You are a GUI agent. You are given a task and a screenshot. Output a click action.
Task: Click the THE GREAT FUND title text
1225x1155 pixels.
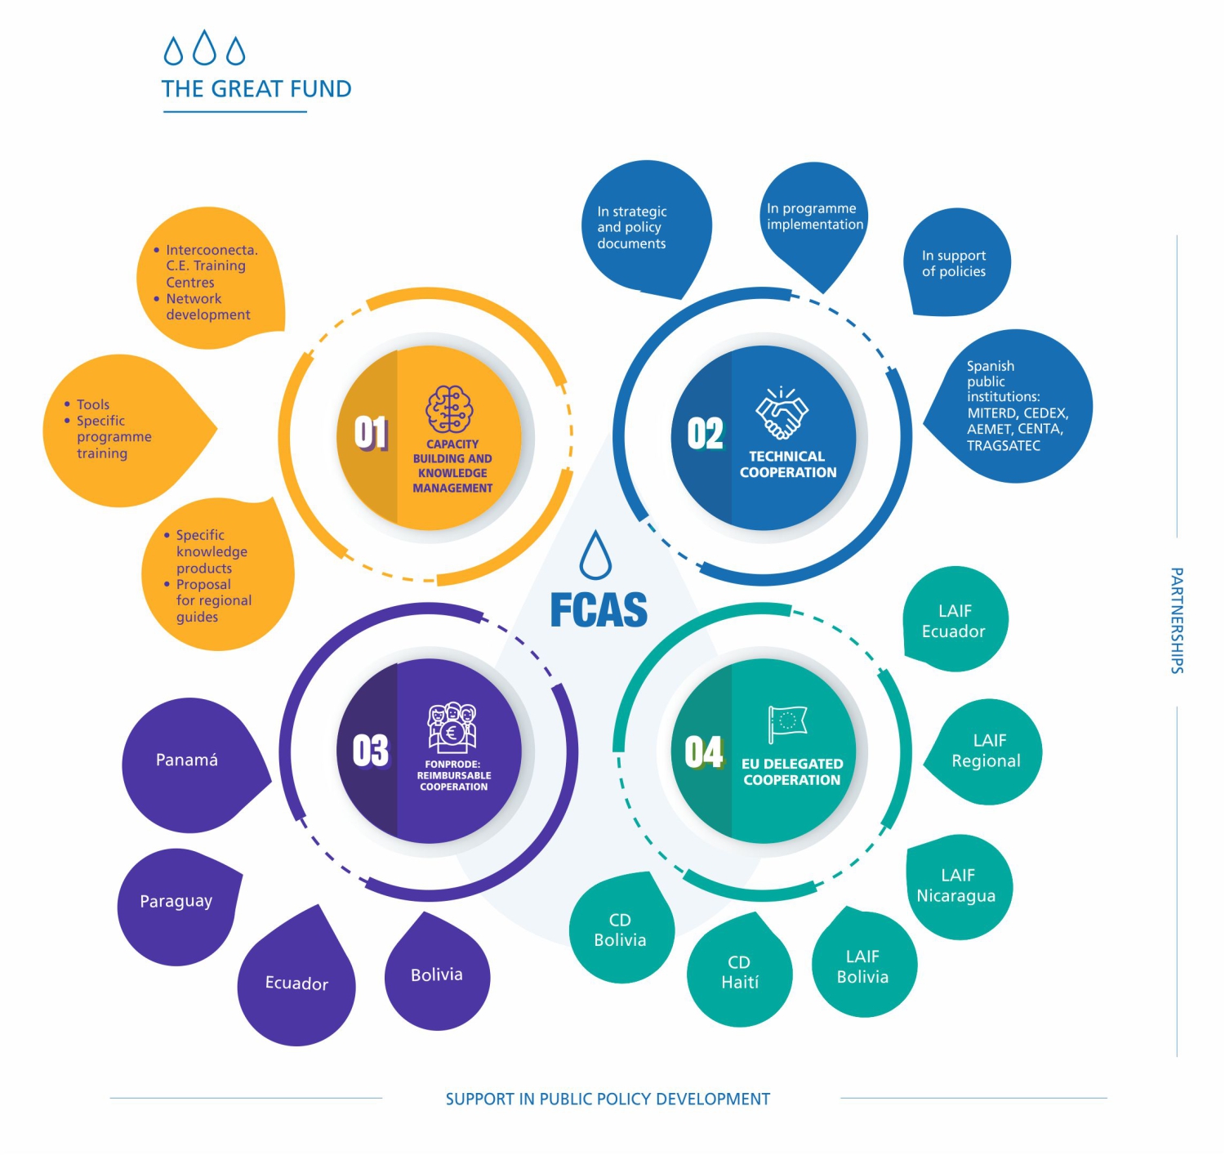[x=256, y=88]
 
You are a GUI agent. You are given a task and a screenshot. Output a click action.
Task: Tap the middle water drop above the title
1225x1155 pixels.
[x=204, y=48]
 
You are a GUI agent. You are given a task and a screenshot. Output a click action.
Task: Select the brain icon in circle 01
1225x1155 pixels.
[x=449, y=409]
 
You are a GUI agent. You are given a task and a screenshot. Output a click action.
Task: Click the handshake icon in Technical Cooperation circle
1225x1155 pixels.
[x=782, y=412]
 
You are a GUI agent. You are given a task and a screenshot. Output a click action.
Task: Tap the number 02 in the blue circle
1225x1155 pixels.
[x=705, y=434]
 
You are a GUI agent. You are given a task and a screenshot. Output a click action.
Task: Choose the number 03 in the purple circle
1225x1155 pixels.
[x=370, y=751]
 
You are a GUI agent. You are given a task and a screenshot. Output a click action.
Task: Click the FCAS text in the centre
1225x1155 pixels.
[x=599, y=610]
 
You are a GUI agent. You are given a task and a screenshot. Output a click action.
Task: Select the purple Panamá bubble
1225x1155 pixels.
[x=189, y=763]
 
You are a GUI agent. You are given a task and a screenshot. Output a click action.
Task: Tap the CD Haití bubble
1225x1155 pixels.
[x=740, y=972]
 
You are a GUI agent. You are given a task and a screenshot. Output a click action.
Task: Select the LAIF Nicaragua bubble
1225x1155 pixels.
[x=957, y=886]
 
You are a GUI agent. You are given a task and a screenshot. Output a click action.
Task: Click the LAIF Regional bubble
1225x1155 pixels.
[x=987, y=751]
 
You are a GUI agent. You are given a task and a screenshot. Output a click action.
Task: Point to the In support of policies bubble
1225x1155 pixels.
[x=955, y=264]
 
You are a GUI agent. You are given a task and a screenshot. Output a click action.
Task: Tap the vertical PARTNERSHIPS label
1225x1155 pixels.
[x=1177, y=621]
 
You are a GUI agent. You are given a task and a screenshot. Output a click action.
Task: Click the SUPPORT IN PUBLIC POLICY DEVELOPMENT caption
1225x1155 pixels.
[x=608, y=1099]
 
